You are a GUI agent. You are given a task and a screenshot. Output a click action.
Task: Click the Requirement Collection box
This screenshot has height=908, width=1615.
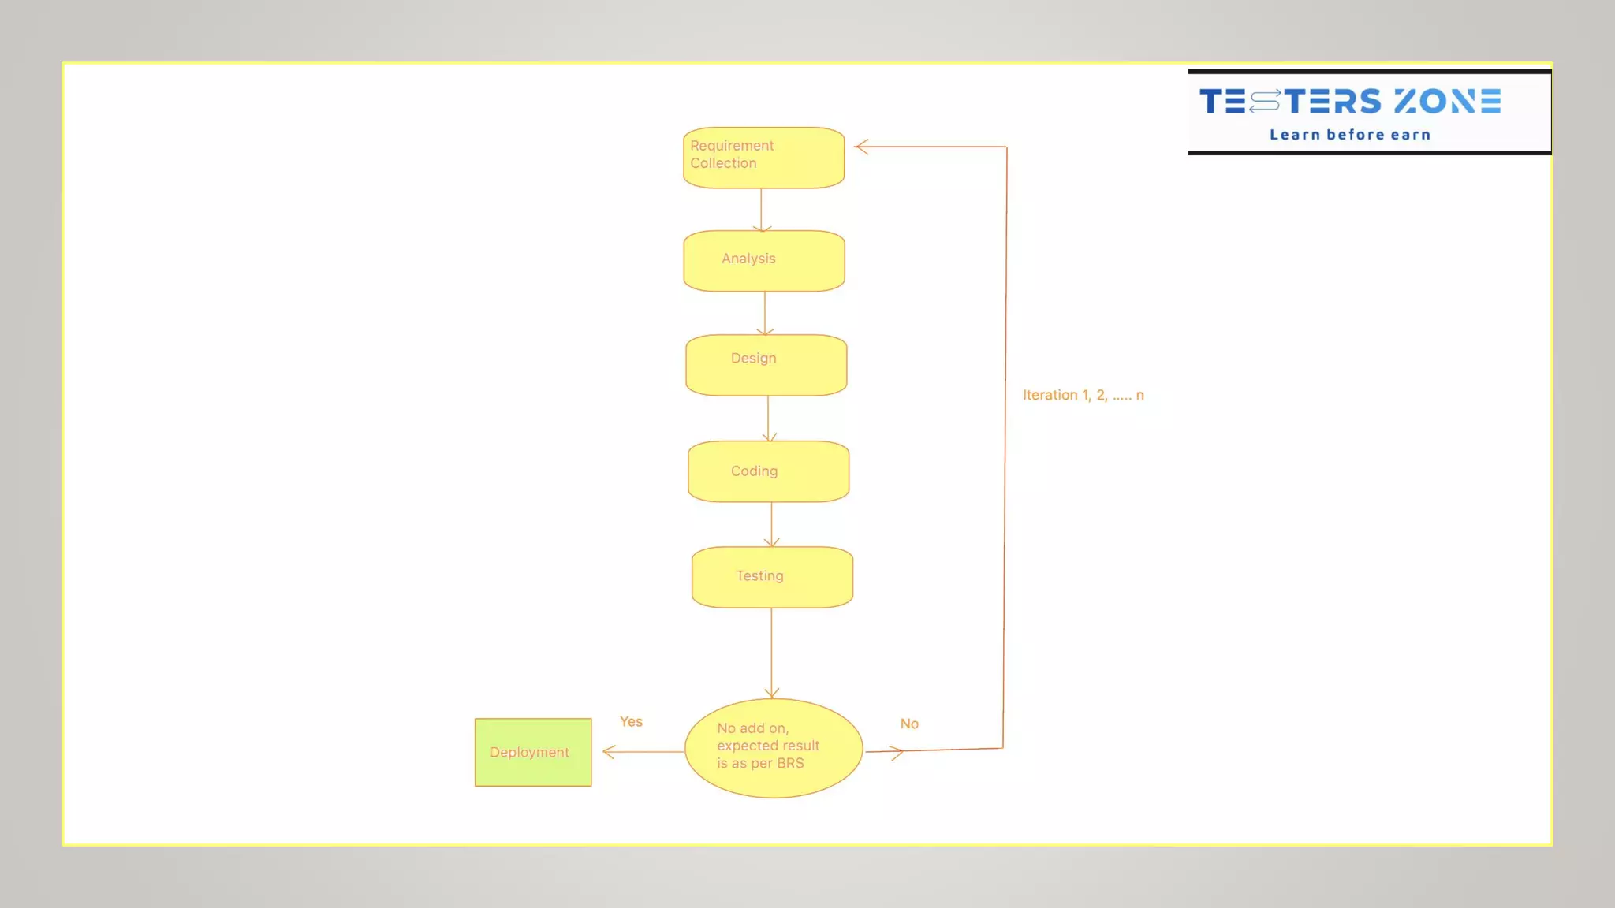click(x=763, y=158)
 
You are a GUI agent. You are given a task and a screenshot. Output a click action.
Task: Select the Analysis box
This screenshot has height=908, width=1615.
click(x=763, y=261)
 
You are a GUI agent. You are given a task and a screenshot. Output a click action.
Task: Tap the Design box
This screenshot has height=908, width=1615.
click(x=766, y=365)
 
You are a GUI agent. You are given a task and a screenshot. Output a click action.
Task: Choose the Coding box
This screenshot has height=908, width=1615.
click(x=768, y=471)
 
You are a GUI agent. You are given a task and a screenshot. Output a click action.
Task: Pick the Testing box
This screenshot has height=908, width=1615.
click(x=772, y=577)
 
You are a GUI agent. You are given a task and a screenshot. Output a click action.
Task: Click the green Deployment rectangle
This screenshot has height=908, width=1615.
click(x=533, y=752)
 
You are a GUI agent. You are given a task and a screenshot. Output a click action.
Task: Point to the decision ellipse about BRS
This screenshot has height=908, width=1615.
click(x=773, y=748)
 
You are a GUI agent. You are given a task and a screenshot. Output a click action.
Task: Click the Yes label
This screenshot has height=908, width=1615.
click(x=631, y=721)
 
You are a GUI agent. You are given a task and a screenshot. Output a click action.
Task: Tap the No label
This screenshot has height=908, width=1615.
click(x=909, y=724)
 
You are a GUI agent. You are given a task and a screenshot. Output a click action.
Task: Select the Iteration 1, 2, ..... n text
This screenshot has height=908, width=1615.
click(x=1083, y=395)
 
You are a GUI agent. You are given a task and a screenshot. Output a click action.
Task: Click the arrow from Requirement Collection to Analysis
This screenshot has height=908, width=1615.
click(x=761, y=210)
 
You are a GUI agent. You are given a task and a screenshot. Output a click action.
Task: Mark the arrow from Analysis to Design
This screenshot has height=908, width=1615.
click(x=764, y=313)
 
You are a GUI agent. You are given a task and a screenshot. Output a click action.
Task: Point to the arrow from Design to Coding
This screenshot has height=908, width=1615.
click(x=768, y=419)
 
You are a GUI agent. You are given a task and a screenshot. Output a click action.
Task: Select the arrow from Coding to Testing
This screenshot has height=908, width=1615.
click(x=771, y=524)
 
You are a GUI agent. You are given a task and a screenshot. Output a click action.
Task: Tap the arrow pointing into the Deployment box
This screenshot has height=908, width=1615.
click(x=643, y=751)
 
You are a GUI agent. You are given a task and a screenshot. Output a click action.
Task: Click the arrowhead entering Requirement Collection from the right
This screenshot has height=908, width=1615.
click(x=861, y=147)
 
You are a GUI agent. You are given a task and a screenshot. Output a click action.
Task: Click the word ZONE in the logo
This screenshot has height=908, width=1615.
click(x=1447, y=102)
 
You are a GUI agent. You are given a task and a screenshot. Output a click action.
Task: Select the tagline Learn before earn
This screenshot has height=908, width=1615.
click(x=1349, y=135)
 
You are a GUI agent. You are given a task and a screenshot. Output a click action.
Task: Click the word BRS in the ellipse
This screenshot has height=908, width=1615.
click(x=790, y=763)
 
